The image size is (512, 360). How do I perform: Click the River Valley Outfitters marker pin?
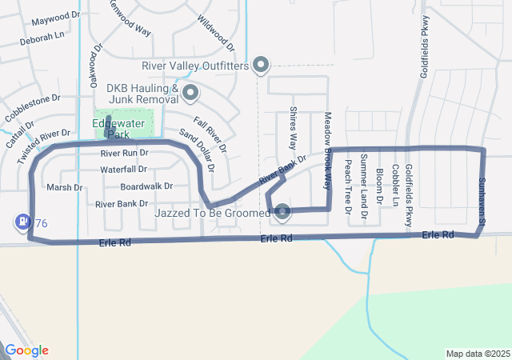coord(261,65)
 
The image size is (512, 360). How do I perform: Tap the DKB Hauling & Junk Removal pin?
coord(190,94)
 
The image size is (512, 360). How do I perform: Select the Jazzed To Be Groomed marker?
coord(282,213)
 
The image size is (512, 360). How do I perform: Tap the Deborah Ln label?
coord(42,37)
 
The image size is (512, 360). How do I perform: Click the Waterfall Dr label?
coord(123,170)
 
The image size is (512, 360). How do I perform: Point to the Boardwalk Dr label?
coord(146,186)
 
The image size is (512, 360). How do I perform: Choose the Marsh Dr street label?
coord(65,188)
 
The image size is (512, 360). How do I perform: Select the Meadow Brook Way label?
coord(327,150)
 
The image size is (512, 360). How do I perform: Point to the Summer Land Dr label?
coord(364,186)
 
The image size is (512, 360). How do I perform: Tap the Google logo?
coord(27,350)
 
